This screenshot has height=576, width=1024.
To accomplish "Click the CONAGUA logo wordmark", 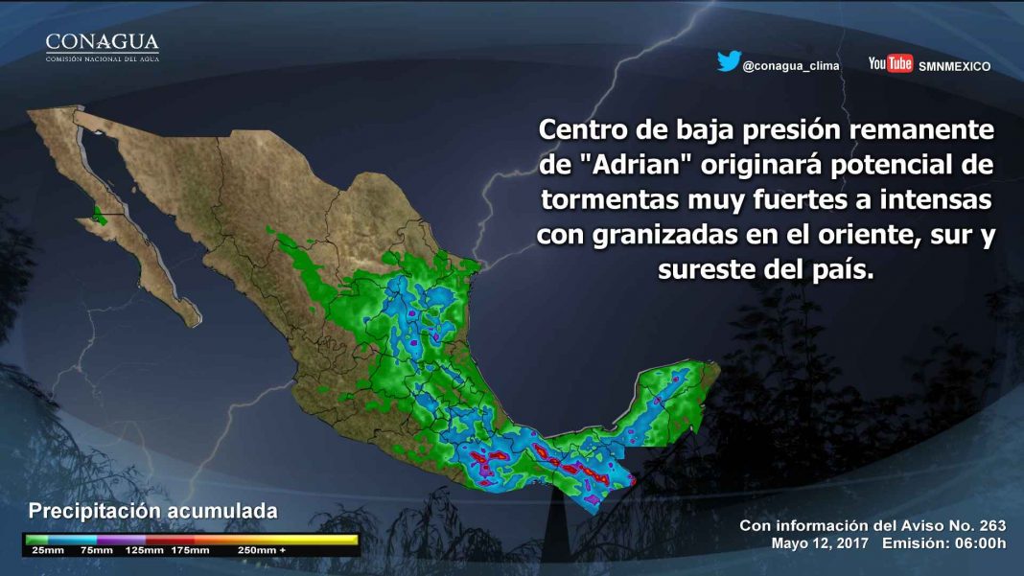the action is [x=102, y=42].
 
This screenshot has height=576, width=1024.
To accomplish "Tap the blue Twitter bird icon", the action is [x=729, y=60].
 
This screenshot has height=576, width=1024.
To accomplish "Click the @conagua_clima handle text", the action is [x=791, y=66].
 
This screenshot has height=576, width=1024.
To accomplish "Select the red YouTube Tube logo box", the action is [x=900, y=63].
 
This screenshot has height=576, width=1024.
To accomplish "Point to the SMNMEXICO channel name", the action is [x=954, y=67].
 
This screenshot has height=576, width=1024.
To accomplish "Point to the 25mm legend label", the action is [x=48, y=550].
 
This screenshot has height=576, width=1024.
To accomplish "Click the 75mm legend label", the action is [x=96, y=550].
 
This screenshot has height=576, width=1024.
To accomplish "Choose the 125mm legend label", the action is [x=144, y=550].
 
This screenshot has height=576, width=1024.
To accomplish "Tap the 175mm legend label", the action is [x=190, y=550].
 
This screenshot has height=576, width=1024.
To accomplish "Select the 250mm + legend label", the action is [x=261, y=550].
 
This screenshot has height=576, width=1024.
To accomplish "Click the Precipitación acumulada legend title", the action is [x=152, y=511].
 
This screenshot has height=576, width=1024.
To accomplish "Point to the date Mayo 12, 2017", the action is [x=820, y=543].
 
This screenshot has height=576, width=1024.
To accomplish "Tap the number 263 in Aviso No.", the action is [x=991, y=526].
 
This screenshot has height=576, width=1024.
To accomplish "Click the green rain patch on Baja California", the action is [x=99, y=216].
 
